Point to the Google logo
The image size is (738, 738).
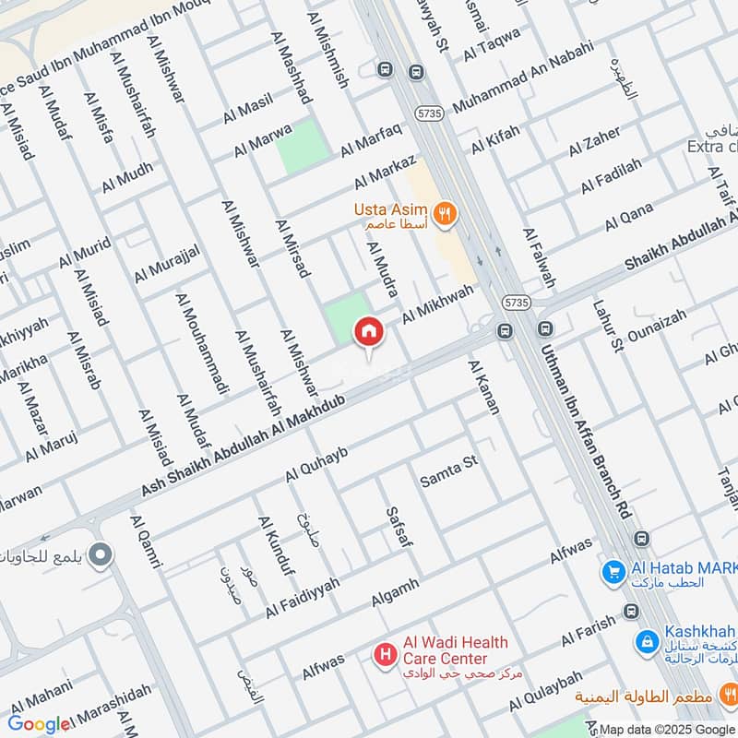[x=39, y=724]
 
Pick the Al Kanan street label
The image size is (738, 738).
[x=483, y=387]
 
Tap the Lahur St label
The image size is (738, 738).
[x=609, y=324]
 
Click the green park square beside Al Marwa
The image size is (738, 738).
[x=304, y=147]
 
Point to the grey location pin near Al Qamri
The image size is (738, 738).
[x=102, y=555]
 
